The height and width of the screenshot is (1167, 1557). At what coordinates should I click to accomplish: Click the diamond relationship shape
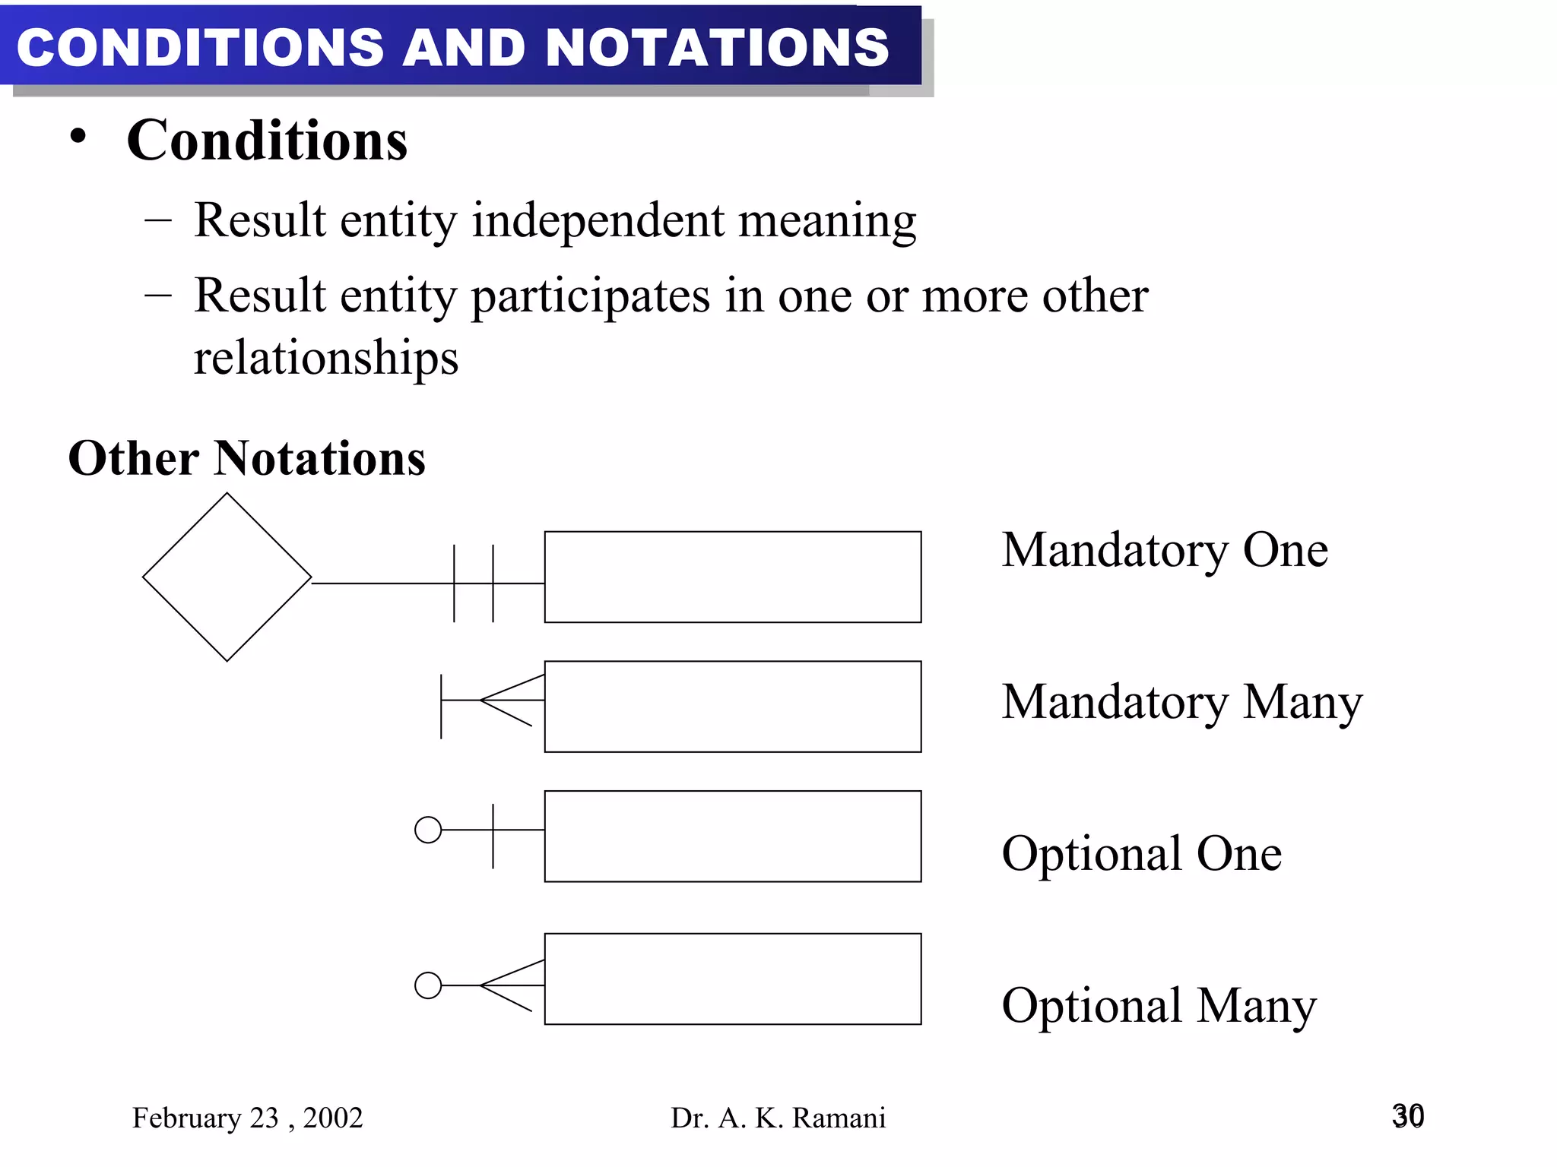tap(227, 577)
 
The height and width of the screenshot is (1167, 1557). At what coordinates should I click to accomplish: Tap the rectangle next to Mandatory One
tap(732, 577)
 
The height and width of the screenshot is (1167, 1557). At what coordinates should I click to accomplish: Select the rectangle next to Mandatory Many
tap(732, 707)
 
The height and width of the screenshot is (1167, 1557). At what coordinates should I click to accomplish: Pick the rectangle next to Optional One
tap(732, 837)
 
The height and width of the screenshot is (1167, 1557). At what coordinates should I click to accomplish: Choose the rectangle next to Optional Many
tap(732, 979)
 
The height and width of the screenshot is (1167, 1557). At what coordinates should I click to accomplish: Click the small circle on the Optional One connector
tap(428, 830)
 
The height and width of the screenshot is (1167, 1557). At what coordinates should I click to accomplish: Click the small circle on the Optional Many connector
tap(428, 985)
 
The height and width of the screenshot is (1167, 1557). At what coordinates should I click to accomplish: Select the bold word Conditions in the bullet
tap(267, 141)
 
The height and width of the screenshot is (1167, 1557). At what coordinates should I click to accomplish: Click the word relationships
tap(326, 358)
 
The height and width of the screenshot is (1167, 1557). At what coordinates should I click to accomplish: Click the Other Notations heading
tap(247, 458)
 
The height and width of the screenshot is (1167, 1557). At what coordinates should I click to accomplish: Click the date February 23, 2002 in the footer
tap(247, 1118)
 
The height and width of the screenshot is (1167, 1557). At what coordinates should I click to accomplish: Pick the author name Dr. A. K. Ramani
tap(778, 1118)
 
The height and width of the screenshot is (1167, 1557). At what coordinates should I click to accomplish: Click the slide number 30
tap(1407, 1116)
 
